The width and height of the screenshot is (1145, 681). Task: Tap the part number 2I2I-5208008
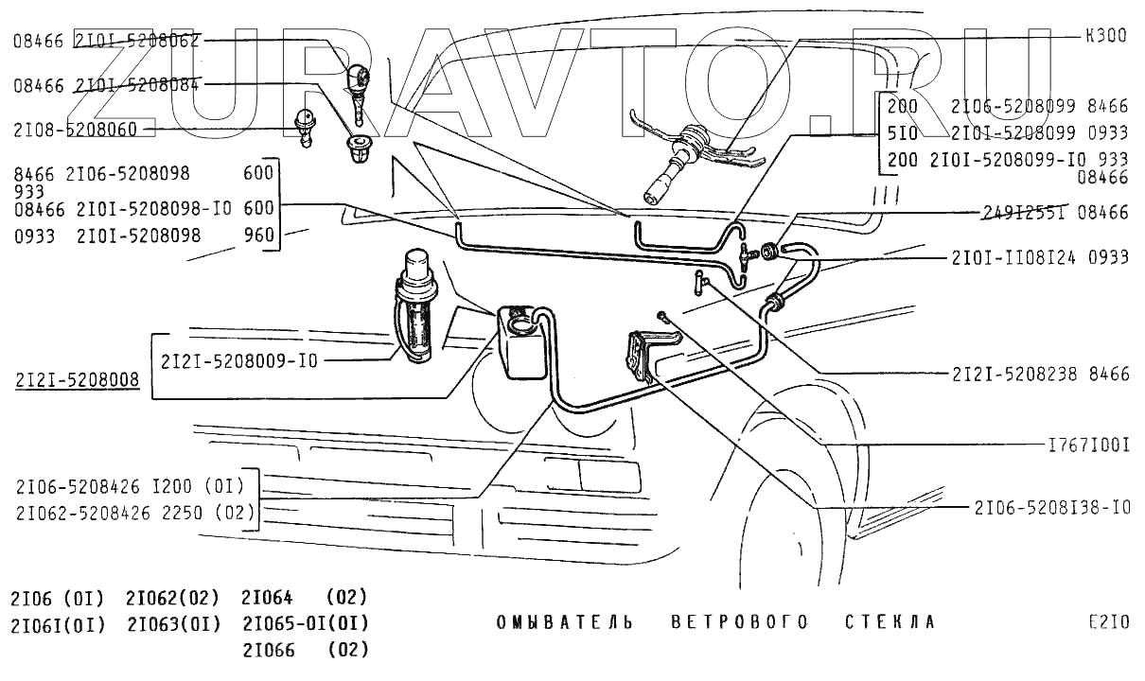pyautogui.click(x=77, y=381)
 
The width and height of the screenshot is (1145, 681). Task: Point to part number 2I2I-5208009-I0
pyautogui.click(x=239, y=360)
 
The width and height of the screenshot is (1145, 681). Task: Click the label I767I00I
pyautogui.click(x=1088, y=444)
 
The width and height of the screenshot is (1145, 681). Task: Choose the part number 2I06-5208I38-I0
pyautogui.click(x=1051, y=508)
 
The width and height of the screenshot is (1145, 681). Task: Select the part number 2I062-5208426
pyautogui.click(x=79, y=513)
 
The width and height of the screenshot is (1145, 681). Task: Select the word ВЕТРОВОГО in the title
pyautogui.click(x=740, y=622)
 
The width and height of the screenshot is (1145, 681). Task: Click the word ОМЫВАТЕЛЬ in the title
pyautogui.click(x=564, y=622)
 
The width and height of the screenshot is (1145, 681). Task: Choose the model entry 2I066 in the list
pyautogui.click(x=269, y=650)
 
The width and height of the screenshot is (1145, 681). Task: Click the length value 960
pyautogui.click(x=258, y=236)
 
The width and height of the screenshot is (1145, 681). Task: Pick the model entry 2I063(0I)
pyautogui.click(x=173, y=624)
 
